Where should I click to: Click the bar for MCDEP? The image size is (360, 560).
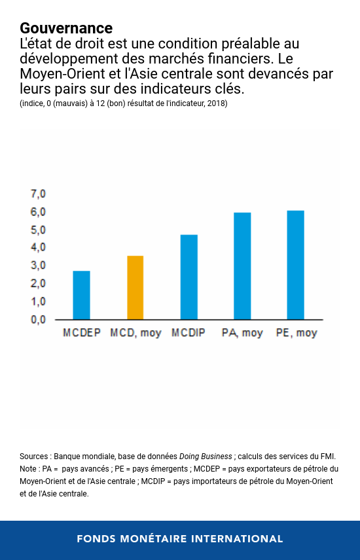point(81,295)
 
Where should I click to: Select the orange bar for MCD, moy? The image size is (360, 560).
point(135,288)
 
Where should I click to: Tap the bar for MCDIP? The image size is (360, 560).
point(189,277)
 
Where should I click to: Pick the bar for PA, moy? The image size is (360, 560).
point(242,266)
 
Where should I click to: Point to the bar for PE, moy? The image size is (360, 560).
point(295,265)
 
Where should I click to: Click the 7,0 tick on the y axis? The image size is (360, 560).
point(39,195)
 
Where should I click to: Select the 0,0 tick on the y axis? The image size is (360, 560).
point(39,320)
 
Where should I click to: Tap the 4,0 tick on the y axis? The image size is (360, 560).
point(39,248)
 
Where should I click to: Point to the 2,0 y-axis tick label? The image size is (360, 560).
point(39,284)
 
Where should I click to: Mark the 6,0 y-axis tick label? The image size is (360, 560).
point(39,212)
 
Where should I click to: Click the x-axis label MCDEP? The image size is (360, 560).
point(81,333)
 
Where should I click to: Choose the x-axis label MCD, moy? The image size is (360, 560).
point(135,333)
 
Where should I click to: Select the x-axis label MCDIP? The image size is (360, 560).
point(189,333)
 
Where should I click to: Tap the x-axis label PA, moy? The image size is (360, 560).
point(242,333)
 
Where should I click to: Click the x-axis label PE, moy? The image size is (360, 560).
point(296,333)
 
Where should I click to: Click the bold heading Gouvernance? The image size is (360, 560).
point(66,28)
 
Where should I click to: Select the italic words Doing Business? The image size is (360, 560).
point(206,457)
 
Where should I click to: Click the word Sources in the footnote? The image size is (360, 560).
point(34,457)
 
